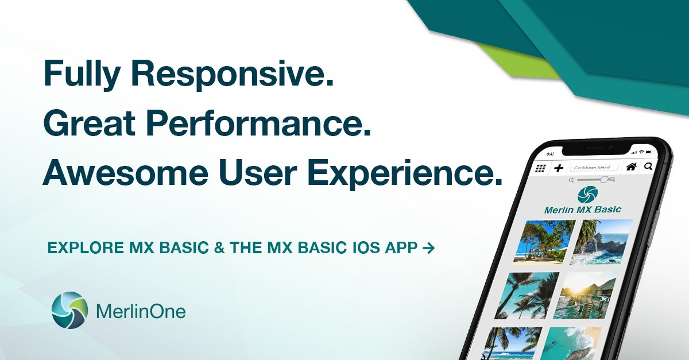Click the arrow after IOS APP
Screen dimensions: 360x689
point(428,248)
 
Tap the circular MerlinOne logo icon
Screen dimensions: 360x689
point(69,311)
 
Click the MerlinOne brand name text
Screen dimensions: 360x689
point(141,312)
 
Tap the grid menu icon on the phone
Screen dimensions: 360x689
point(540,168)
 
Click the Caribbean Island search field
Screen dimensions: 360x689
point(594,168)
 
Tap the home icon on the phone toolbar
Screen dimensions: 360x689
point(631,167)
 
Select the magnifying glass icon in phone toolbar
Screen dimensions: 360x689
point(648,167)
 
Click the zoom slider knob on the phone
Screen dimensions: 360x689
point(603,180)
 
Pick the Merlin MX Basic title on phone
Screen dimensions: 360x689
point(582,210)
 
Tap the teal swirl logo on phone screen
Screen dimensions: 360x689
point(587,193)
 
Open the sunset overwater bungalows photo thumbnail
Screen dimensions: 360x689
point(587,296)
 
